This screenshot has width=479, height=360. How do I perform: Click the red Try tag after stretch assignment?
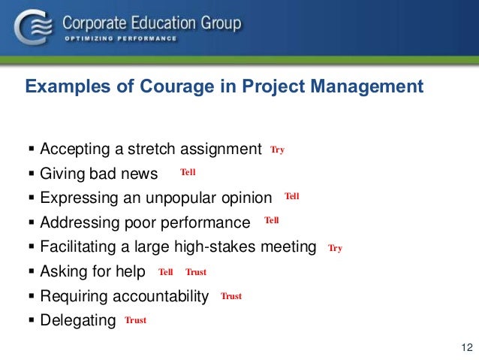tap(278, 150)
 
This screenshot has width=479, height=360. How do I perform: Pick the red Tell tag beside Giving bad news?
tap(188, 173)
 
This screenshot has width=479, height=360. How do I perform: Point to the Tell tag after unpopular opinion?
tap(292, 197)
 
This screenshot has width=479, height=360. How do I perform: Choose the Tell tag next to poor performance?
tap(272, 221)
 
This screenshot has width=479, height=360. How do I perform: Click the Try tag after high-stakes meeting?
tap(335, 248)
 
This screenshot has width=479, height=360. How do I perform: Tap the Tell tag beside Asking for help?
tap(166, 272)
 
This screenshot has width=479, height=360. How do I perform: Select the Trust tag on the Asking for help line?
tap(196, 272)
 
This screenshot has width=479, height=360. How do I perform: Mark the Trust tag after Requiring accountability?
tap(231, 296)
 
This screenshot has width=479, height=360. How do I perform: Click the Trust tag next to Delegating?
tap(135, 320)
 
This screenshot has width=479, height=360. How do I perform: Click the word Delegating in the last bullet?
tap(78, 321)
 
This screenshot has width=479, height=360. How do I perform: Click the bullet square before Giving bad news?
tap(31, 174)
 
